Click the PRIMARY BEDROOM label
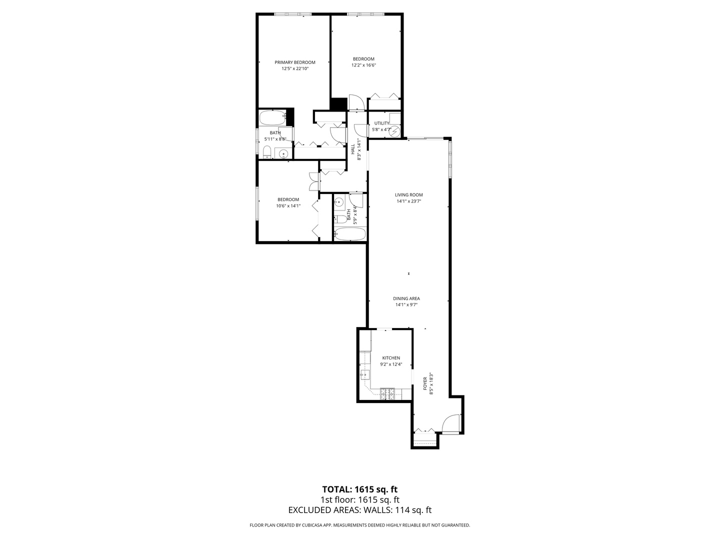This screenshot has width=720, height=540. [295, 62]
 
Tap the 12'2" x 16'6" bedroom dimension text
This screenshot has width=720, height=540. [363, 65]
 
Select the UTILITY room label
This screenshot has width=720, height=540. [381, 123]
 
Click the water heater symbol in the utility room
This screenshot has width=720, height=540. [395, 131]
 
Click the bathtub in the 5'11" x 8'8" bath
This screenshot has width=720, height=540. [272, 118]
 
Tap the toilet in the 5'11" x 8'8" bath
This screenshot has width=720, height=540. [267, 151]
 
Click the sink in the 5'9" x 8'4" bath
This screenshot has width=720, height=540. [339, 202]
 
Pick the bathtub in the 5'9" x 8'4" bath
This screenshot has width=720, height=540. [350, 233]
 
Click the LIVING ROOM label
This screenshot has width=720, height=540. [409, 195]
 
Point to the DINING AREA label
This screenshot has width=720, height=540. [406, 298]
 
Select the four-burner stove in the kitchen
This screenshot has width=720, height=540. [387, 394]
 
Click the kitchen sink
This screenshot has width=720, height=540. [364, 374]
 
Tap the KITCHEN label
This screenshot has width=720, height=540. [391, 358]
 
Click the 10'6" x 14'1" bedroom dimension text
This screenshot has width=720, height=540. [288, 205]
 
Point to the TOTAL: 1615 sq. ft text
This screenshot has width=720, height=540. [359, 489]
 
